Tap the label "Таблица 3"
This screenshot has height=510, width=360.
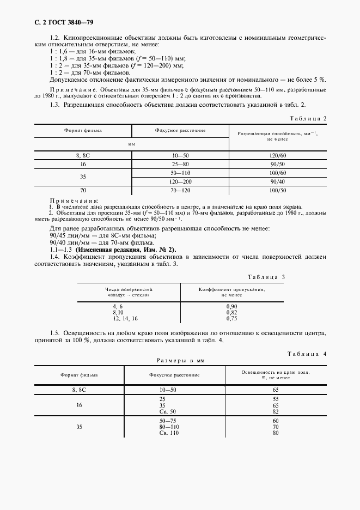(266, 277)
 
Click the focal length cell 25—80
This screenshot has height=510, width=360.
(180, 163)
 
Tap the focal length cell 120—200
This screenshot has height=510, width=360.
(180, 181)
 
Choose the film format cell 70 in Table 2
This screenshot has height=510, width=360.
(83, 190)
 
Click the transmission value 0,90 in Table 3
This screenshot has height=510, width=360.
(231, 307)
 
